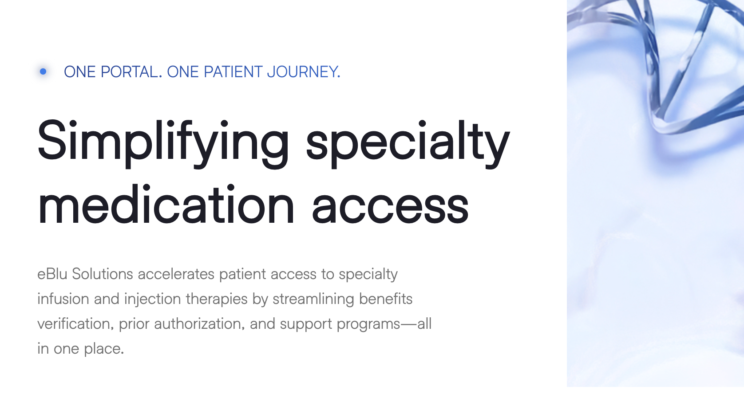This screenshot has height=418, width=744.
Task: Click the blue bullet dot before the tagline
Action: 43,71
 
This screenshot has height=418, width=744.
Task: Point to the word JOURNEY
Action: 304,72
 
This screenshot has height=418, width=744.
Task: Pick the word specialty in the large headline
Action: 408,144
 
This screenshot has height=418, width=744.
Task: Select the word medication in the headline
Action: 166,204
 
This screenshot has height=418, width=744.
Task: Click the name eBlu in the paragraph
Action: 52,274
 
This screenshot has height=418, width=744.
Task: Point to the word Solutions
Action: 103,274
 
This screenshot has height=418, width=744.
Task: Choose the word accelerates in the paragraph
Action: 176,274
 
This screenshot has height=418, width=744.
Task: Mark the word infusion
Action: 63,299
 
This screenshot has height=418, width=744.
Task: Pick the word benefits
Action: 386,299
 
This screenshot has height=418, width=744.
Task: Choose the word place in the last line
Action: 104,349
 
